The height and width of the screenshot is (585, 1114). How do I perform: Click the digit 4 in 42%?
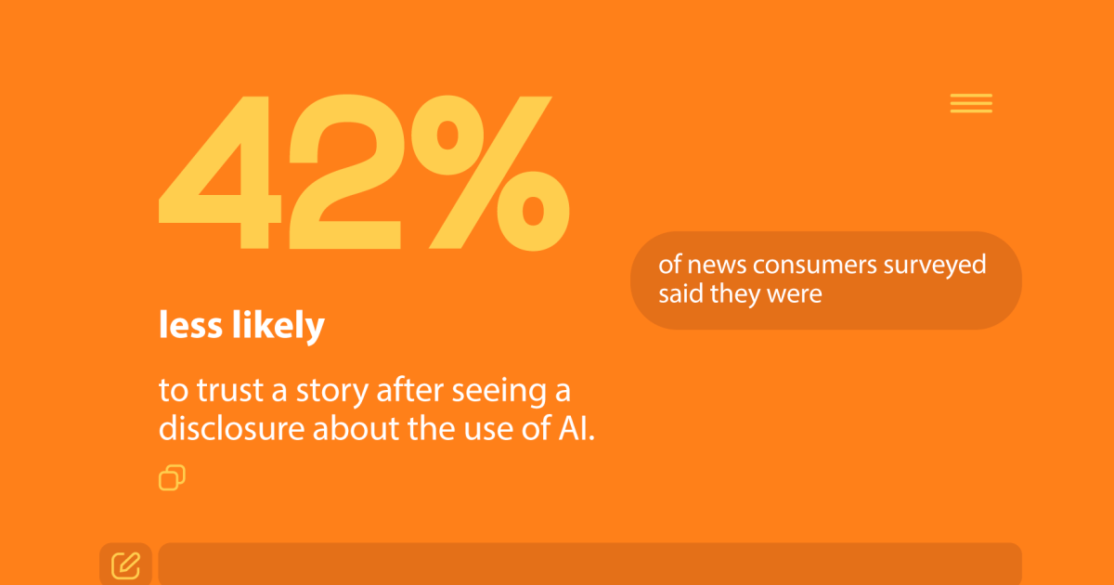pos(218,176)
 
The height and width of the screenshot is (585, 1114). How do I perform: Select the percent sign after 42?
pos(483,172)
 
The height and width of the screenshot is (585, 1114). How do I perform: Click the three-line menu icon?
pos(971,104)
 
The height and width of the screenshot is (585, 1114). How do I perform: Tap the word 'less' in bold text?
pos(188,326)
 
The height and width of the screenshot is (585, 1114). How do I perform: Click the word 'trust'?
pos(229,392)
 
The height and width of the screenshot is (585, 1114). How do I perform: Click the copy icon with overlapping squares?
pos(172,477)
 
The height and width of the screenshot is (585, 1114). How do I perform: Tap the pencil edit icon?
pos(125,564)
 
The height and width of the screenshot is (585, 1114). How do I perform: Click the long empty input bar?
pos(589,564)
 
